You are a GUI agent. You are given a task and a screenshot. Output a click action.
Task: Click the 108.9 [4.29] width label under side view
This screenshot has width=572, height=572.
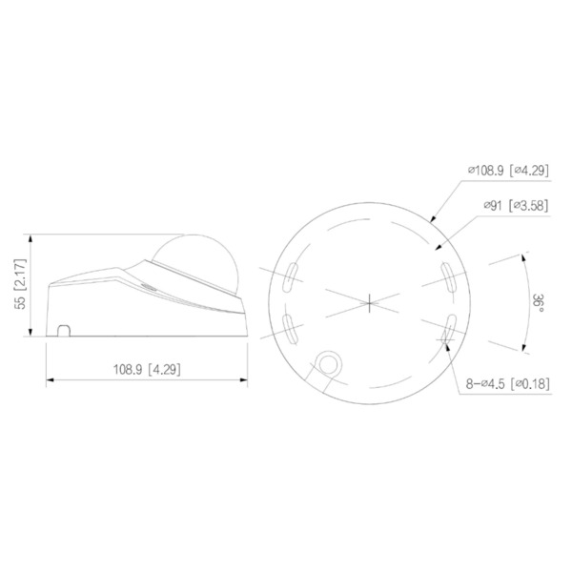[x=148, y=367]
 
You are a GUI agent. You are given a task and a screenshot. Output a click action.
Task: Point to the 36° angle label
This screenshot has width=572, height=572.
[x=539, y=300]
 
